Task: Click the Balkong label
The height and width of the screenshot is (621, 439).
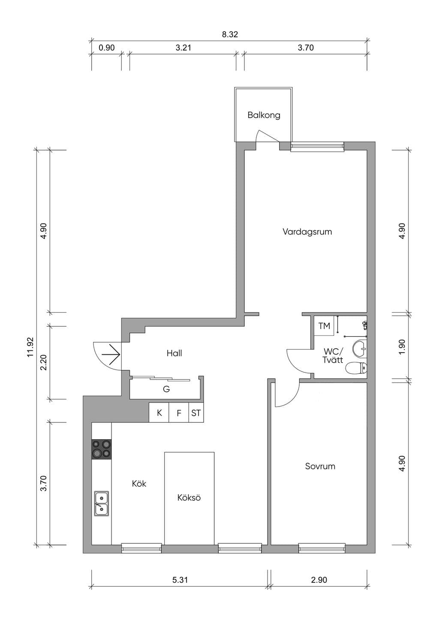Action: (x=264, y=115)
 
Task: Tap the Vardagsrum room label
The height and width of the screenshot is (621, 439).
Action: (x=307, y=232)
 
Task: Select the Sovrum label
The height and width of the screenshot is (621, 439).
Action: (x=320, y=466)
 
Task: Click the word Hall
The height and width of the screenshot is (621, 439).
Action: (x=174, y=353)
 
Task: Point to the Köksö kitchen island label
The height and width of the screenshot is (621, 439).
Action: (x=189, y=497)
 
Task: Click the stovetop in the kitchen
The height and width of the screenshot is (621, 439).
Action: (x=102, y=449)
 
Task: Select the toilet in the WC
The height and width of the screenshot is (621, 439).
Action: (x=357, y=368)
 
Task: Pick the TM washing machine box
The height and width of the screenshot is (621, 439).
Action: (x=324, y=326)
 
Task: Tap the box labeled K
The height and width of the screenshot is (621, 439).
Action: (x=159, y=413)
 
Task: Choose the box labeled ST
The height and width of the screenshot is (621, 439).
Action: (x=196, y=413)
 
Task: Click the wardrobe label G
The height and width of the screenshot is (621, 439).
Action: (x=166, y=389)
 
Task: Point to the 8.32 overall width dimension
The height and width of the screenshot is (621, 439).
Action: (x=230, y=34)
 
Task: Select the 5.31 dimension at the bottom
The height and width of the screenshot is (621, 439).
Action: (x=180, y=580)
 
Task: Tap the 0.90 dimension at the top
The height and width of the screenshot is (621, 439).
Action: (x=107, y=48)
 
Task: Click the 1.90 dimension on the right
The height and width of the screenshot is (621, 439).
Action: (x=402, y=347)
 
